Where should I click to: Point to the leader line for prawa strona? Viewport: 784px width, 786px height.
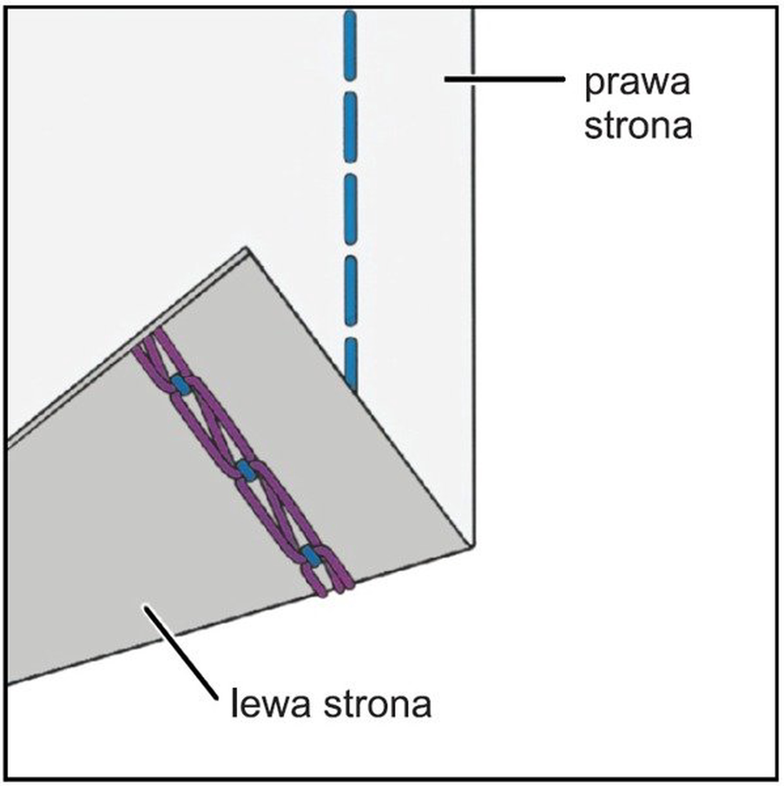[x=504, y=79]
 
